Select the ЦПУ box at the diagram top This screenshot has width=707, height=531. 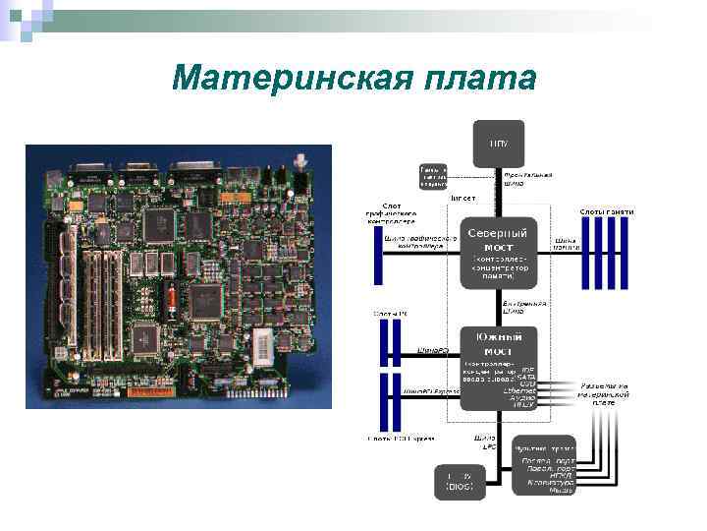[499, 144]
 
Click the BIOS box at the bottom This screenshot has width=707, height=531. [460, 480]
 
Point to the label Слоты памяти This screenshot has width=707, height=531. [606, 211]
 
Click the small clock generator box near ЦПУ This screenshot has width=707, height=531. [433, 175]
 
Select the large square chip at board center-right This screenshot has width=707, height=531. [209, 299]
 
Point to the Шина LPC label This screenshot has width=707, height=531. [483, 442]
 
